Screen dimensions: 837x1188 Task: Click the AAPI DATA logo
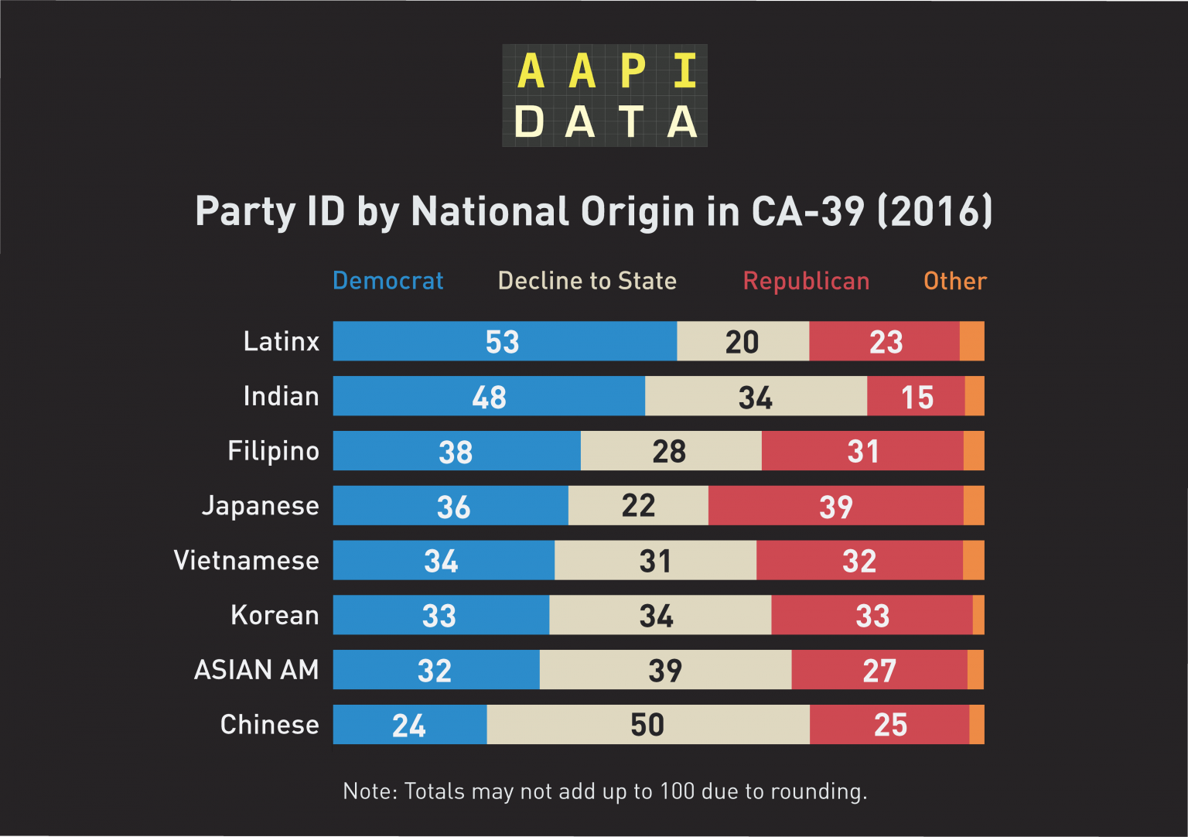(605, 95)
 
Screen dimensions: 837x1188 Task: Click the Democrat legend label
(387, 281)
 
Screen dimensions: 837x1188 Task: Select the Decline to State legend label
(587, 281)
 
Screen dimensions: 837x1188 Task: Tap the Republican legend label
(806, 281)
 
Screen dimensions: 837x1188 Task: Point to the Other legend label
(955, 281)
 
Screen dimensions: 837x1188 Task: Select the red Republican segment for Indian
(916, 396)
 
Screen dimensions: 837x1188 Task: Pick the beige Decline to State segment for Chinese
(648, 725)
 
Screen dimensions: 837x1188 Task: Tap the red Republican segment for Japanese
(835, 506)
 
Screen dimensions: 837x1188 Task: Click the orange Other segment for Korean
(978, 615)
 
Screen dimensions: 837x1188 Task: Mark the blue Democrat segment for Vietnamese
(443, 560)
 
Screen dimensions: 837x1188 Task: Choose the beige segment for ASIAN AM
(665, 670)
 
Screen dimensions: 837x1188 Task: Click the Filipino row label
(273, 451)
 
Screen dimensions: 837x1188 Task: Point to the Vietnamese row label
(246, 560)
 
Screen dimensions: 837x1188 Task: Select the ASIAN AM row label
(256, 670)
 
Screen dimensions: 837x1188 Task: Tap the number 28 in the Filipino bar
(669, 451)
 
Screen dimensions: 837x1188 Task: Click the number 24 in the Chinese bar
(408, 726)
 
